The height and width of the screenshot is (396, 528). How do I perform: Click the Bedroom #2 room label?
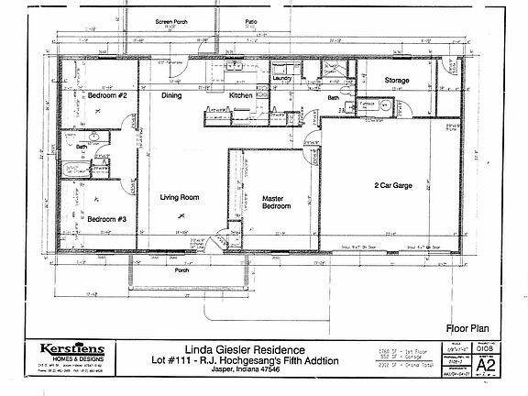point(106,96)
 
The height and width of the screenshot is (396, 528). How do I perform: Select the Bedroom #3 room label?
point(106,218)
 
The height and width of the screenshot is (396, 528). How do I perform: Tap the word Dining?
point(171,95)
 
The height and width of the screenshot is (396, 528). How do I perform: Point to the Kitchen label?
point(240,95)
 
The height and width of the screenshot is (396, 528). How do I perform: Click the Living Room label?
point(180,196)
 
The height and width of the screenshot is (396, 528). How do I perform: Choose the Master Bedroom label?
point(276,202)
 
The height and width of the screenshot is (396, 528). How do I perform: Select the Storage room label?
point(396,81)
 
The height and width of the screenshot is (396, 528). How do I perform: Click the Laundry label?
point(281,79)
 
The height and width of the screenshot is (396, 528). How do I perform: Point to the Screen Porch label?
point(172,20)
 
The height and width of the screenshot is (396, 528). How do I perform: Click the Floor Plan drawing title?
point(465,326)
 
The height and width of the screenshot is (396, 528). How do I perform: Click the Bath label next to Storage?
point(333,97)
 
